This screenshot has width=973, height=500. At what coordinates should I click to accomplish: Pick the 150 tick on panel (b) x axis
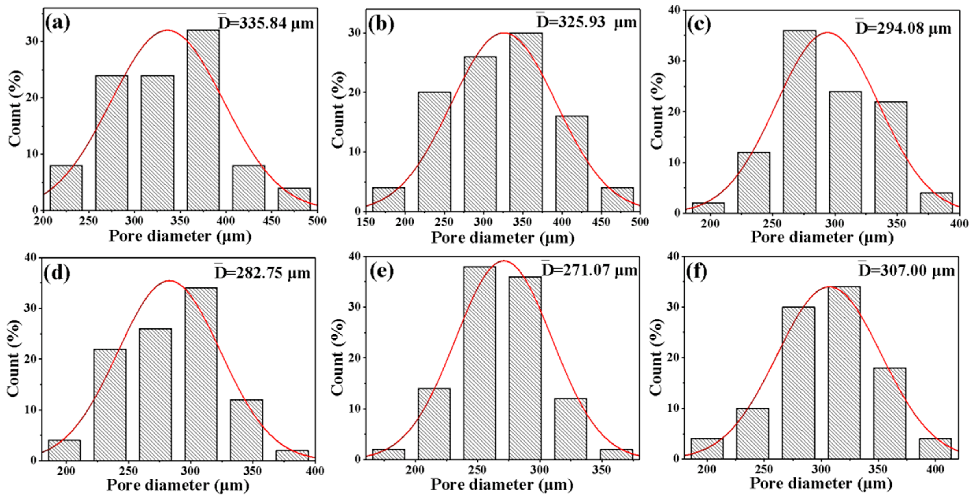366,222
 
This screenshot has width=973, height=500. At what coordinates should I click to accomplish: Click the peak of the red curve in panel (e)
504,261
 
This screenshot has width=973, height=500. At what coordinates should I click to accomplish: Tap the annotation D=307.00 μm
906,271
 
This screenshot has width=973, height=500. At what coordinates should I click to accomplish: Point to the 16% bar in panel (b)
572,163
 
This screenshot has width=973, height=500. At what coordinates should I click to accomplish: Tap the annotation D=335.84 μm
266,23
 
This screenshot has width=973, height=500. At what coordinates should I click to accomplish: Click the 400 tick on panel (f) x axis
935,469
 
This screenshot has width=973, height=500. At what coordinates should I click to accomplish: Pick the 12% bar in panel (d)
246,430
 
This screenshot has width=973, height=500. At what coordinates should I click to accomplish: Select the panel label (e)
381,271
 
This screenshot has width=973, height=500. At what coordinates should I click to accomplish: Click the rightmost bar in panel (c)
936,203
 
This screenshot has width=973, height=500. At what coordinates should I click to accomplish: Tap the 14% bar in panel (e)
434,423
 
